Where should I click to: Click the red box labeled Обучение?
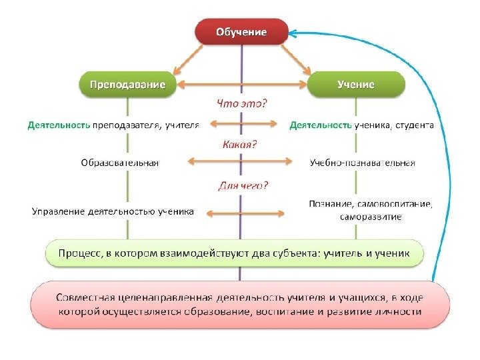click(241, 32)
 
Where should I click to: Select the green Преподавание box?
click(129, 85)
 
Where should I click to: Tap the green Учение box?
click(355, 85)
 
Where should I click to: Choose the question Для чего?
click(243, 185)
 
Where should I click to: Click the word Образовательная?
click(119, 162)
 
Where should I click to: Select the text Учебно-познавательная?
click(363, 162)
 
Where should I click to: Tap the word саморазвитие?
click(370, 217)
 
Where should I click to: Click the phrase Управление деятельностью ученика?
click(113, 212)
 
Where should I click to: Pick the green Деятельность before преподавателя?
click(59, 125)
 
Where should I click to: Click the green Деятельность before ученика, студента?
click(320, 125)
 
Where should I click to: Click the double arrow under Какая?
click(241, 161)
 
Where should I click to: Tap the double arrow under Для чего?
click(243, 213)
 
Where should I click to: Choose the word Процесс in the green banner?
click(80, 253)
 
